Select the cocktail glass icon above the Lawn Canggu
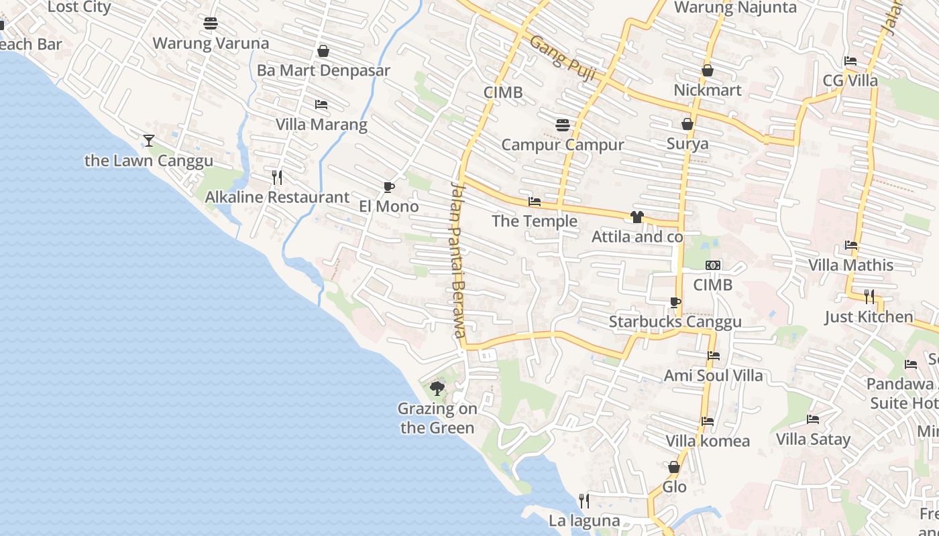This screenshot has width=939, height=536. [149, 140]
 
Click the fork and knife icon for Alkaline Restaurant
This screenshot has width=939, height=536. [277, 177]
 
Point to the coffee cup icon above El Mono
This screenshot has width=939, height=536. [388, 186]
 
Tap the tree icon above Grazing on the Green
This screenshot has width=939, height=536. [437, 388]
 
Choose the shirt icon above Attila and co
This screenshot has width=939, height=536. [637, 216]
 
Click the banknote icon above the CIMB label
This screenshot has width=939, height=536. [713, 265]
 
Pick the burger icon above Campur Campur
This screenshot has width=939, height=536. [562, 125]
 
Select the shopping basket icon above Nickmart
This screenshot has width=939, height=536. [708, 70]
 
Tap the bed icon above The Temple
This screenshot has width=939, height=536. [535, 201]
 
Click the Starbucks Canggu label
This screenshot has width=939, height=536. [675, 322]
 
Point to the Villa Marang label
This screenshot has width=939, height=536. [321, 125]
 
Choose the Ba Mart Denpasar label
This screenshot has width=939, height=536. [323, 70]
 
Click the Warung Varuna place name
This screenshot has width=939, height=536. [211, 44]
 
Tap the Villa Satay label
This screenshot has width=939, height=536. [813, 440]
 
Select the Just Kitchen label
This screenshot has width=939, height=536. [869, 316]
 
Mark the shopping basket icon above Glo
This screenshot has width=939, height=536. [674, 467]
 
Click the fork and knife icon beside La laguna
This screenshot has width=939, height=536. [584, 500]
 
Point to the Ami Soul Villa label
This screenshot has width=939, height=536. [713, 375]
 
